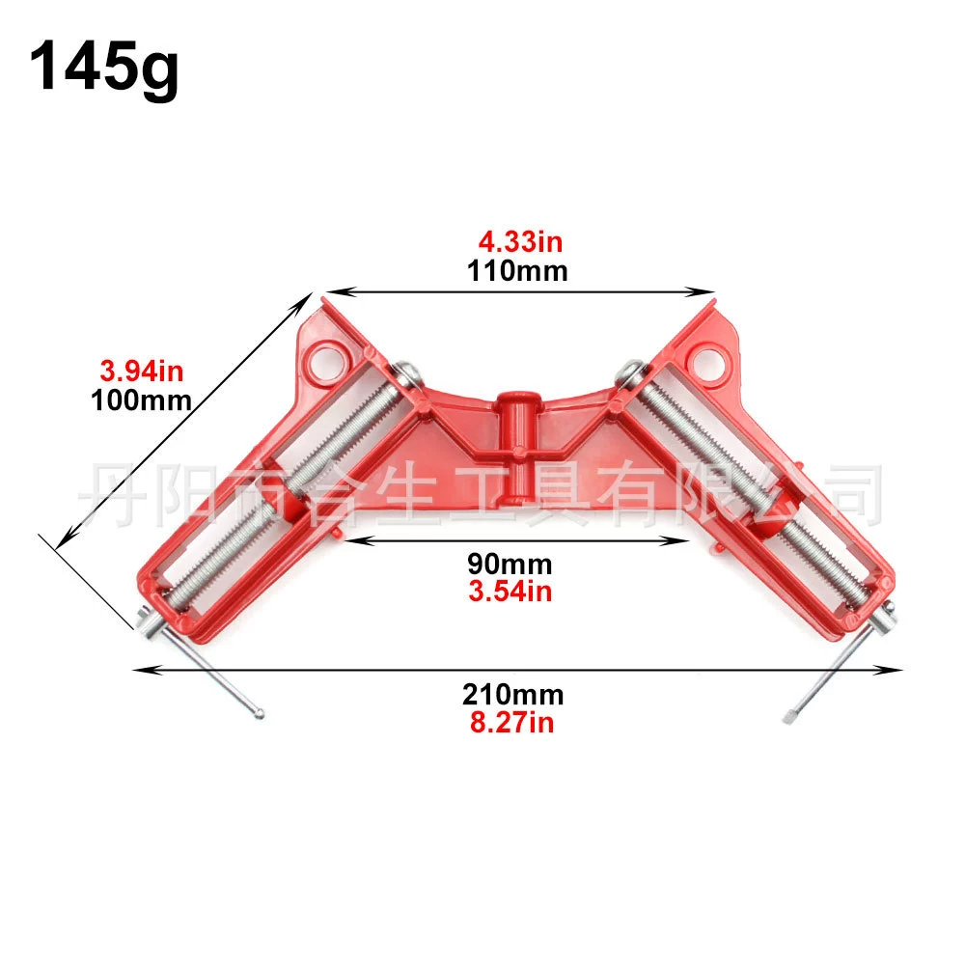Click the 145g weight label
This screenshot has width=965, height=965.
[x=103, y=68]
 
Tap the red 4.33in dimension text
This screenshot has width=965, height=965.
[x=521, y=242]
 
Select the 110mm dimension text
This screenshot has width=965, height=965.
[x=517, y=271]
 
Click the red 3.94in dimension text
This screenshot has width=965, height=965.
[x=142, y=372]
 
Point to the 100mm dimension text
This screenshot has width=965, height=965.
[x=141, y=400]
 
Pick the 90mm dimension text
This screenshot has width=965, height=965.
[x=510, y=564]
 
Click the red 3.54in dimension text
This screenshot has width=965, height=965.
[x=510, y=591]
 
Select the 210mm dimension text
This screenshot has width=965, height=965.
[x=512, y=694]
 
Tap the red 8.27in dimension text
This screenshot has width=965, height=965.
[x=512, y=722]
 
